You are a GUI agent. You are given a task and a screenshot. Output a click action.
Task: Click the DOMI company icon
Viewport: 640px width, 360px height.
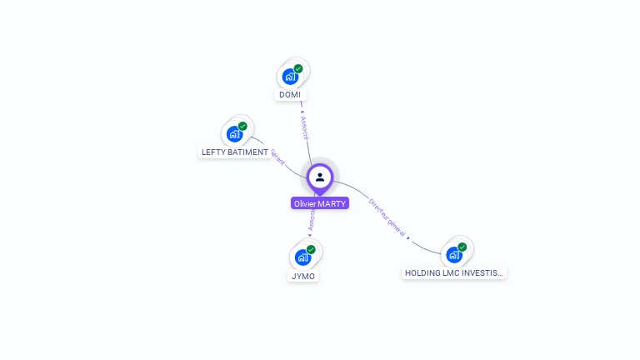coord(289,77)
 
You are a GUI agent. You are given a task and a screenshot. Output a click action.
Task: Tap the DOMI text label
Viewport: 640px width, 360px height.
coord(290,95)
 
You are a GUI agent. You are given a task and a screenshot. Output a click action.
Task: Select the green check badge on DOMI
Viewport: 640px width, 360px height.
coord(298,69)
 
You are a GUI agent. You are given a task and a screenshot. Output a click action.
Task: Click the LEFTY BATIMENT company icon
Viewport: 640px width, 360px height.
coord(234,134)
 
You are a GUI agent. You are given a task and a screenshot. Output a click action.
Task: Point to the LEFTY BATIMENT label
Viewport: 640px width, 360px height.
coord(235,152)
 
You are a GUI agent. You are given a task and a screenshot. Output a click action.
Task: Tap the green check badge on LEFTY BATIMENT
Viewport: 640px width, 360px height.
coord(242,127)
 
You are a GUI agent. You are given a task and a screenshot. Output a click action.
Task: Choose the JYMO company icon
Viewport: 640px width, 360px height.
coord(302,257)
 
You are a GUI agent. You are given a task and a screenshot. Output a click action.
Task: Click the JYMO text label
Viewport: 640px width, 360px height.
coord(302,276)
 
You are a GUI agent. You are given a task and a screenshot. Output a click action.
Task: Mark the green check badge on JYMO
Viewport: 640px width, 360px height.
coord(311,249)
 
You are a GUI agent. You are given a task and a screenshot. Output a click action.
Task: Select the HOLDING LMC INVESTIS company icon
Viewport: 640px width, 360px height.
coord(453,254)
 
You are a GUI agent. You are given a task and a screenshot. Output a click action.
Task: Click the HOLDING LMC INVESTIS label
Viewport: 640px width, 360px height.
coord(454,272)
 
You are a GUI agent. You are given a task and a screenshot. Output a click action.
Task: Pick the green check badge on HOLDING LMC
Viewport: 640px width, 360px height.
coord(462,247)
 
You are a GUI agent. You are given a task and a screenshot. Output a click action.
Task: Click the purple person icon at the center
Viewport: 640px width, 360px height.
coord(320,177)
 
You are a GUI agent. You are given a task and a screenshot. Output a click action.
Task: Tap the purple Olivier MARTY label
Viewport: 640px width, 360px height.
coord(320,203)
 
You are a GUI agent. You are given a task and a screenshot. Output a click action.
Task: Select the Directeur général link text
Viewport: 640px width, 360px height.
coord(387,217)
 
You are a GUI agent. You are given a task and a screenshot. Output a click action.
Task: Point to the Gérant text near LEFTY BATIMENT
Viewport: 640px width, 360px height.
coord(277,156)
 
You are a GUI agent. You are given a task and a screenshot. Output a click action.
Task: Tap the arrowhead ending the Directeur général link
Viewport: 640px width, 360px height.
coord(408,238)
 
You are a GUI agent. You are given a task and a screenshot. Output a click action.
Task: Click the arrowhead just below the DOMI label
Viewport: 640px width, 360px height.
coord(302,111)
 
